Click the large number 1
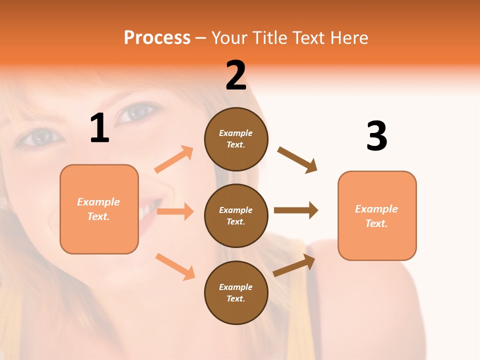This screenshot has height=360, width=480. tap(99, 128)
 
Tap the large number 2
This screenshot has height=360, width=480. tap(236, 76)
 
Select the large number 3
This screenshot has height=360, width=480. tap(376, 136)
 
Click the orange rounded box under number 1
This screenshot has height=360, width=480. tap(99, 209)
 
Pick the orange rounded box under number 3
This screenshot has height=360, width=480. tap(377, 215)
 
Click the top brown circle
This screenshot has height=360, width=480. tap(236, 139)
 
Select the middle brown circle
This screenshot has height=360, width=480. tap(236, 215)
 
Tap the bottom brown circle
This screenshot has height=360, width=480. tap(236, 292)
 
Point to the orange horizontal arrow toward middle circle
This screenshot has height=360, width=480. tap(175, 211)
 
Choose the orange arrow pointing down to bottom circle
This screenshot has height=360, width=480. tap(175, 266)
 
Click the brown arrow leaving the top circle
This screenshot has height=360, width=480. tap(297, 160)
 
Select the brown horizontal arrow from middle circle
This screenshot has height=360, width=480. tap(296, 210)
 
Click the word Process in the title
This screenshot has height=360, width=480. tap(157, 37)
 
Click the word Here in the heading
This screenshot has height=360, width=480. tap(348, 37)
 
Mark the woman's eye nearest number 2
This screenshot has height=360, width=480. tap(138, 112)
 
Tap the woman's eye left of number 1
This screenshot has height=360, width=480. tap(40, 136)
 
